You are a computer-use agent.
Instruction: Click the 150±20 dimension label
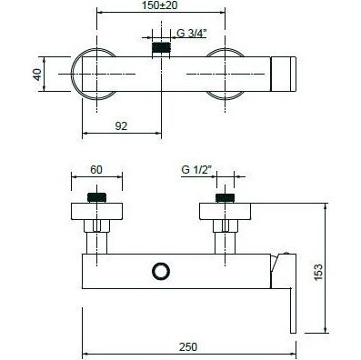159,5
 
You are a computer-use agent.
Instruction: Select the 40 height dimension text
37,75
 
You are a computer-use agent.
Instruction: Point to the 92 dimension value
121,126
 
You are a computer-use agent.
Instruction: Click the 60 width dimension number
96,170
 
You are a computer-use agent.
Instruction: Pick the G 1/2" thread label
196,170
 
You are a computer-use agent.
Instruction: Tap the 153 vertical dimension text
318,273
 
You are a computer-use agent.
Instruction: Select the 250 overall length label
188,347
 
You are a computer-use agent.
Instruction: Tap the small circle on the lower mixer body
161,271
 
